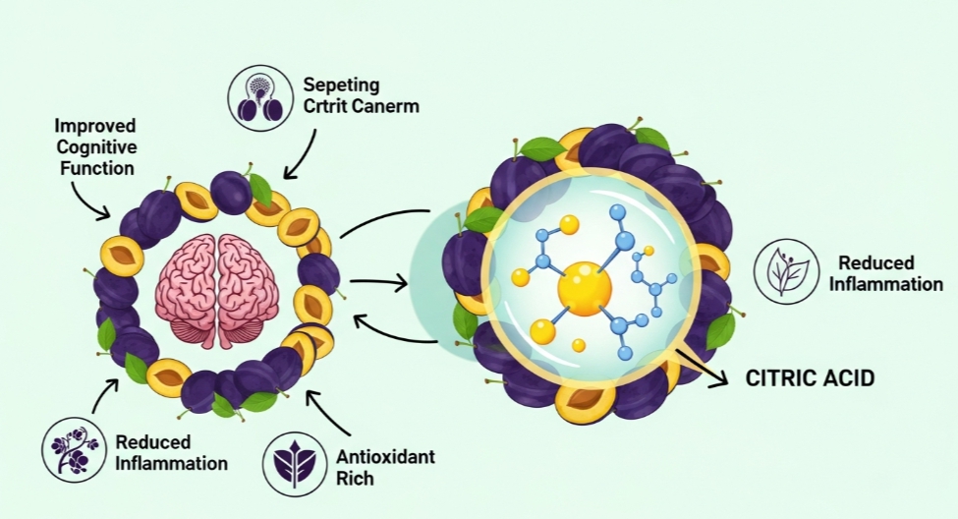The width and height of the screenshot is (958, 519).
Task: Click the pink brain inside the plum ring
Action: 217,290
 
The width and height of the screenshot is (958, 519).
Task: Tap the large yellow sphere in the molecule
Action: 584,287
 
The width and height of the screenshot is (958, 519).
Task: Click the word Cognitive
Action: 95,147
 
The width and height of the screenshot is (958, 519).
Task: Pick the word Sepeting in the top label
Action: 341,86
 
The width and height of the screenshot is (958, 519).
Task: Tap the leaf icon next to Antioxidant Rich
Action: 298,460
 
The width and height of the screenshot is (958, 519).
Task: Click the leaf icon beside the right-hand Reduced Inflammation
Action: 787,271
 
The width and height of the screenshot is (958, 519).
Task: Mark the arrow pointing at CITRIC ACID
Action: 701,370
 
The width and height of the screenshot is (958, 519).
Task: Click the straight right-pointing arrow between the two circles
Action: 378,283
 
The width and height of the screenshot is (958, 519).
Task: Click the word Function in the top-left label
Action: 94,168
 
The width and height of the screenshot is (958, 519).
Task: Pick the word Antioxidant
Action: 385,458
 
